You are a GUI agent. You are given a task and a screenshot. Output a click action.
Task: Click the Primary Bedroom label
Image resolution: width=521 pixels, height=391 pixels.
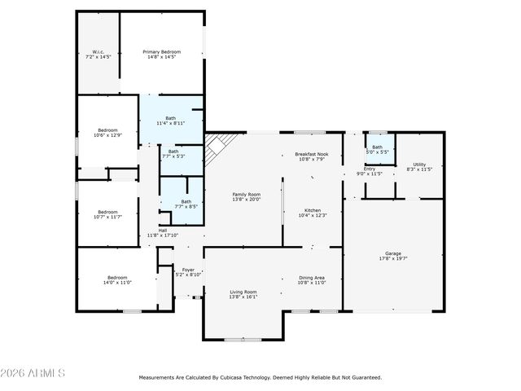point(162,55)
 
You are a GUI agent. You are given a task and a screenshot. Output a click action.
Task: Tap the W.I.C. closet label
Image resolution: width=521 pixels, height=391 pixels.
point(98,55)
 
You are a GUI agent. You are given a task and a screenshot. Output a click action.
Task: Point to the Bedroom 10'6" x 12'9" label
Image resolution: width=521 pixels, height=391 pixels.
point(107,133)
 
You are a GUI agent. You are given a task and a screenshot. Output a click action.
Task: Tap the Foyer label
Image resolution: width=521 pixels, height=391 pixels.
point(188,272)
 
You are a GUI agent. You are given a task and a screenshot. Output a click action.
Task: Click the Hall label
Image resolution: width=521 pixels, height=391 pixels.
point(163,232)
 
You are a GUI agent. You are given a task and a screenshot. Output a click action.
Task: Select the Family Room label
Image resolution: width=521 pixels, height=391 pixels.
point(247,196)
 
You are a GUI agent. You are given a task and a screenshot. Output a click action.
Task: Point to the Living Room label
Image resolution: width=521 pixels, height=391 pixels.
point(243,294)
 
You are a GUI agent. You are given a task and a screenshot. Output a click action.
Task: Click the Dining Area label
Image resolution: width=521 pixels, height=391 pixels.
point(313,279)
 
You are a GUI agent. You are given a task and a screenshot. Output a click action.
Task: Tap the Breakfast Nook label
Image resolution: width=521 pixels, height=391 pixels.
point(312,156)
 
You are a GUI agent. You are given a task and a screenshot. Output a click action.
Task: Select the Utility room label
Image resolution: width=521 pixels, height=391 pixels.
point(419,166)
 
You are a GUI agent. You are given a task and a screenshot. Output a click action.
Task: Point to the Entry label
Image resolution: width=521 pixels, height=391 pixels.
point(370,171)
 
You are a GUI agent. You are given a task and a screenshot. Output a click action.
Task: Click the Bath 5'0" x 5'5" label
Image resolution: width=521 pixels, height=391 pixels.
point(378,149)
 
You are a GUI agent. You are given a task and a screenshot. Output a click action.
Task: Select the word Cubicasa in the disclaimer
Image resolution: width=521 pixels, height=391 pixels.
point(230,377)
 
